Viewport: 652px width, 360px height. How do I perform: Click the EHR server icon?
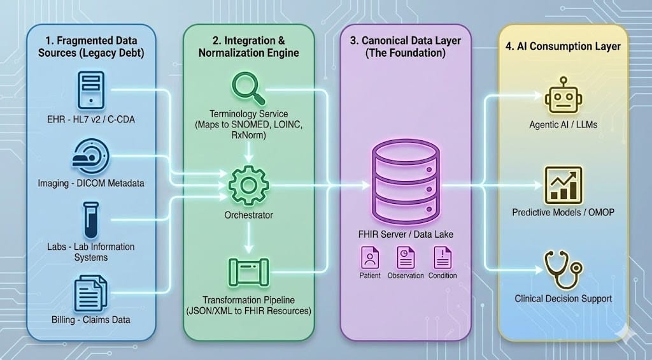point(90,90)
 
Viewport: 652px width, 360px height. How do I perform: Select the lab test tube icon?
point(90,218)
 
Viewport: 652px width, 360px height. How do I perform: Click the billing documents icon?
point(90,291)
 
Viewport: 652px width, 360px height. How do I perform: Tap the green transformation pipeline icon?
point(248,272)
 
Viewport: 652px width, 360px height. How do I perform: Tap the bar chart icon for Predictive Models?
point(563,184)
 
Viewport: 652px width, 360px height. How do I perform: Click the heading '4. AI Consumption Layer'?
point(563,46)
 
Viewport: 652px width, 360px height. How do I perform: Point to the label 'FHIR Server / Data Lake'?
point(406,234)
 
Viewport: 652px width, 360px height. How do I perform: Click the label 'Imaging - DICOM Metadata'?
point(90,184)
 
